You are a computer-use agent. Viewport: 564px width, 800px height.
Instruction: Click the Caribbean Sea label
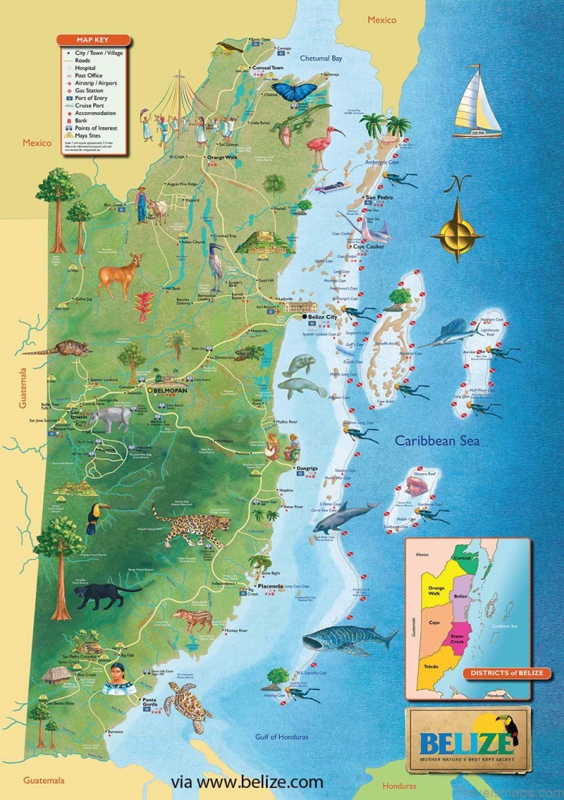(438, 440)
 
